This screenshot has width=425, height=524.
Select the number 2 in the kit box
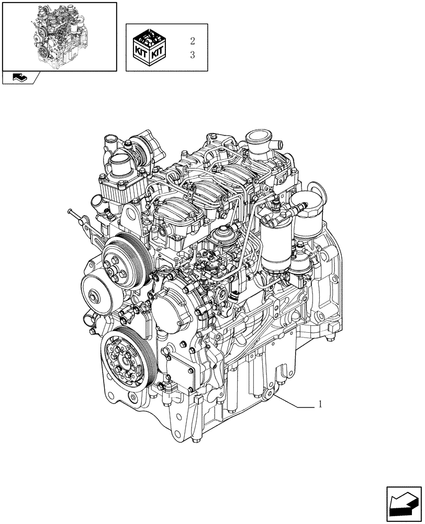pos(192,41)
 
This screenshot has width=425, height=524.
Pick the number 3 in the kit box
pos(192,54)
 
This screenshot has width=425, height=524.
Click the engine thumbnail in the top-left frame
pos(59,36)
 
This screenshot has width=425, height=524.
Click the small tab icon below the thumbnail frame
pos(19,78)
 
